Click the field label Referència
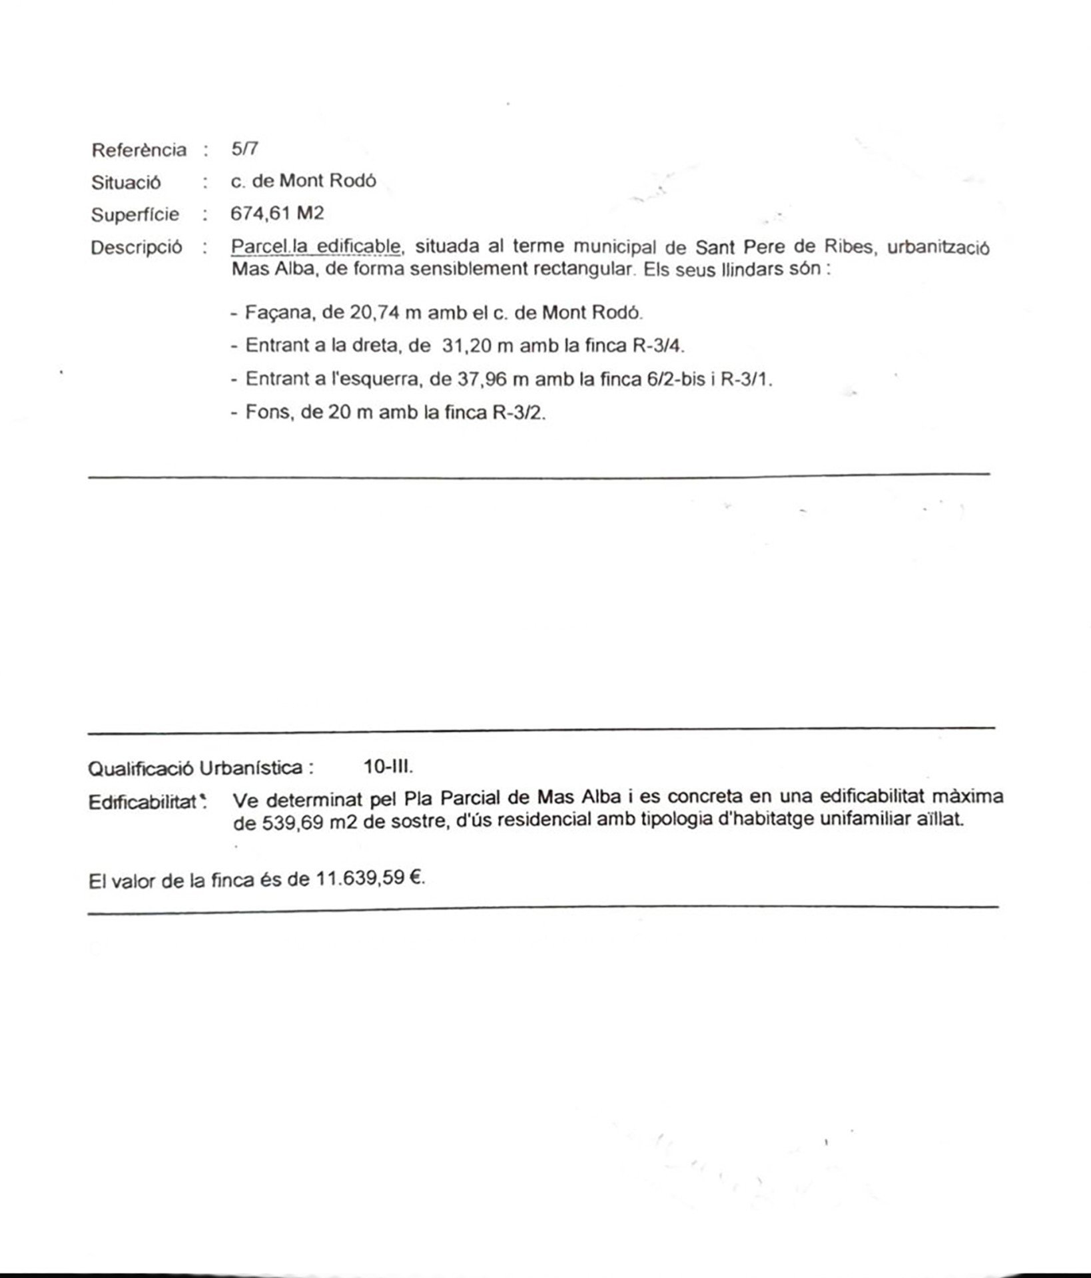[139, 150]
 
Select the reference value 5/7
[244, 148]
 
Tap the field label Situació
[126, 182]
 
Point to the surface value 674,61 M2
[277, 214]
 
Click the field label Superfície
[135, 215]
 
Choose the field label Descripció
[137, 248]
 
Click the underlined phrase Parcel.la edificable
[316, 246]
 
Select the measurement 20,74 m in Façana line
[372, 312]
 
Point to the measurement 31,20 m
[478, 345]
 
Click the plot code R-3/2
[518, 412]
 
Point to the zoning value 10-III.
[388, 766]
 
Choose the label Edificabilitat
[143, 802]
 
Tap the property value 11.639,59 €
[370, 879]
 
